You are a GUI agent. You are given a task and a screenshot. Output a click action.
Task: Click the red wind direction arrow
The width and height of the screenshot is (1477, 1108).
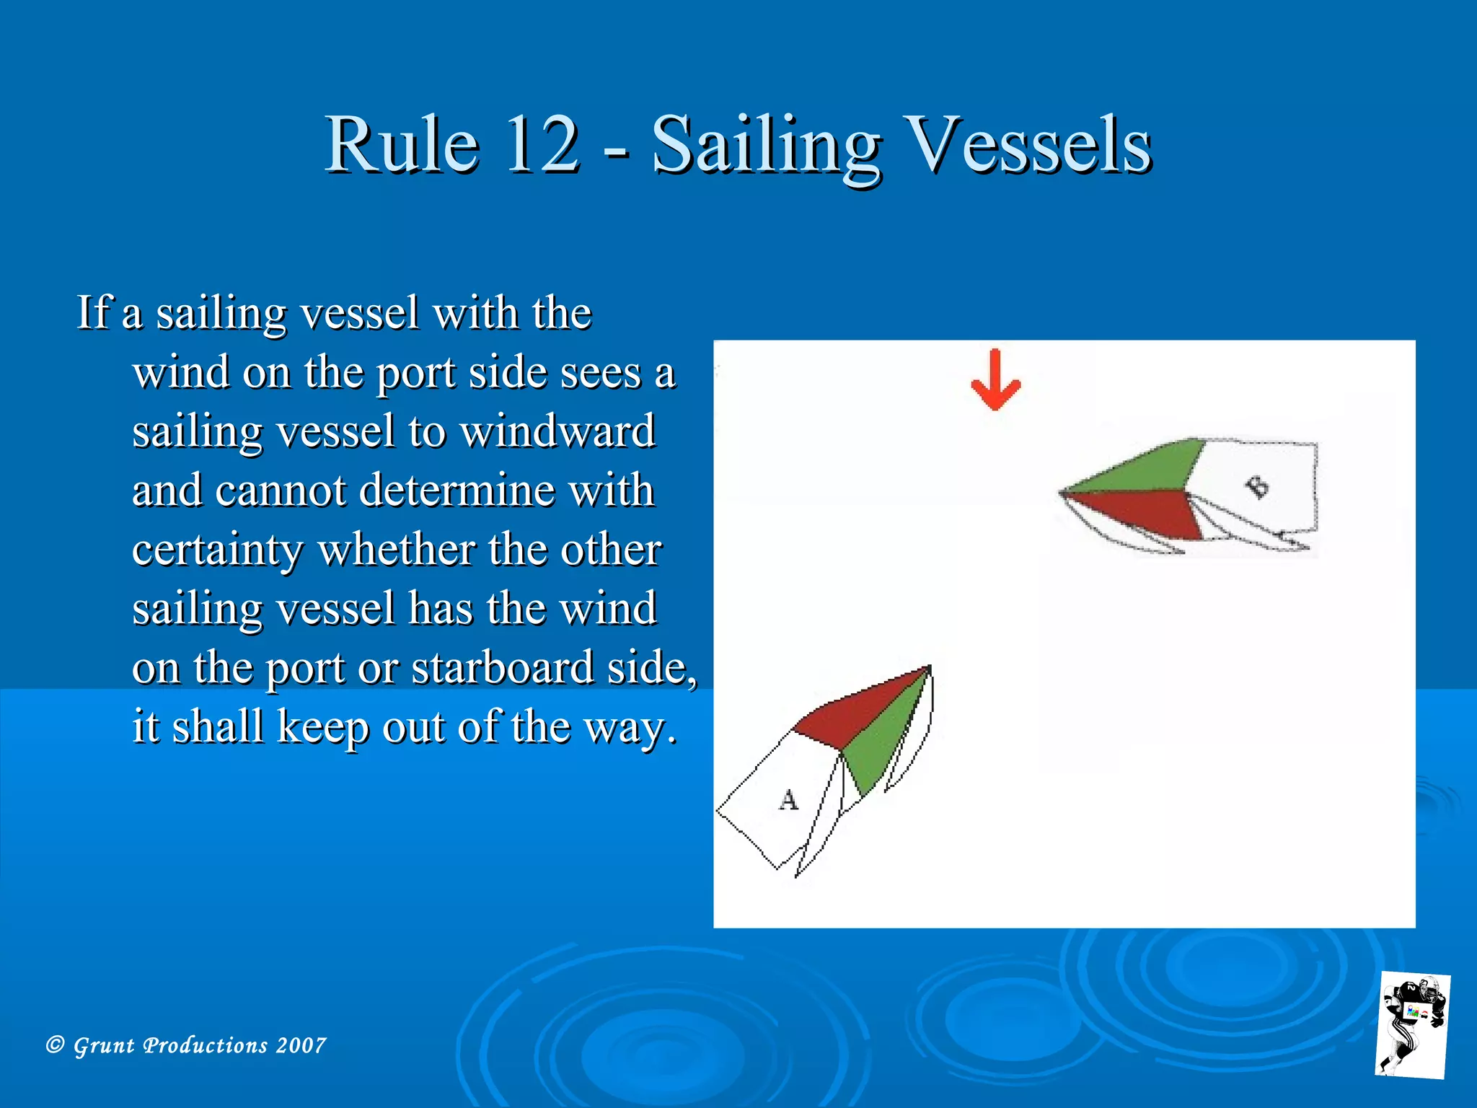pos(995,381)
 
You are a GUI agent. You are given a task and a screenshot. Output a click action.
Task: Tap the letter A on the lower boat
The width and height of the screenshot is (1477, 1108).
pos(789,800)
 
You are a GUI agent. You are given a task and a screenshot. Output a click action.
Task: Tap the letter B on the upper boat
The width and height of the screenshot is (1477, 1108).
pos(1258,488)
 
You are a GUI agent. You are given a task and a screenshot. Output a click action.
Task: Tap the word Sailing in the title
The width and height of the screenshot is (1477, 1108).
pos(766,146)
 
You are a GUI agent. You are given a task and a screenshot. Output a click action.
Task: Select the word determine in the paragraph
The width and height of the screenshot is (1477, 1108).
pos(457,491)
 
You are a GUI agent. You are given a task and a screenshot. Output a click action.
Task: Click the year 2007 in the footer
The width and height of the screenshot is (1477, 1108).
pos(301,1045)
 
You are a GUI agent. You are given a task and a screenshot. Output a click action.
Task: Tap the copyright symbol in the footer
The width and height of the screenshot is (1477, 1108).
pos(55,1045)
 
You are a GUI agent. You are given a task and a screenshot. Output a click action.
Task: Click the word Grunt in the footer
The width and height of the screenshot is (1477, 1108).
pos(104,1046)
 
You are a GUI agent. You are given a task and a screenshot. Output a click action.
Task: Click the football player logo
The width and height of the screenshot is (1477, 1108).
pos(1412,1024)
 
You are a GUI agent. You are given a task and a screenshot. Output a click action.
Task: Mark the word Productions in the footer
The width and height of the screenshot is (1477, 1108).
pos(206,1045)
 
